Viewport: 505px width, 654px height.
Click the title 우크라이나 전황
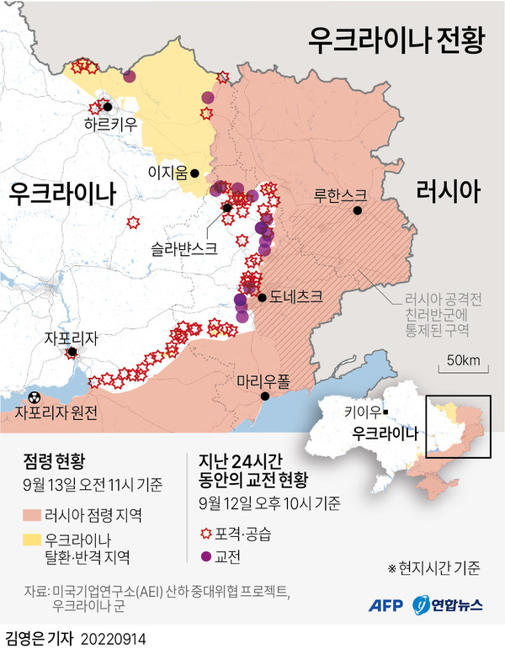(396, 38)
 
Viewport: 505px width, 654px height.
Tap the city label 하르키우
(107, 125)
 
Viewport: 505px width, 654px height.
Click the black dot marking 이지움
(195, 173)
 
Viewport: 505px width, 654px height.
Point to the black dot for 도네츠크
(263, 297)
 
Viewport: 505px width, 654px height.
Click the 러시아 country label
(449, 193)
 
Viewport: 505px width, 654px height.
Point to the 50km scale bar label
(463, 361)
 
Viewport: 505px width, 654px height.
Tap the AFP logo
(388, 604)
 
